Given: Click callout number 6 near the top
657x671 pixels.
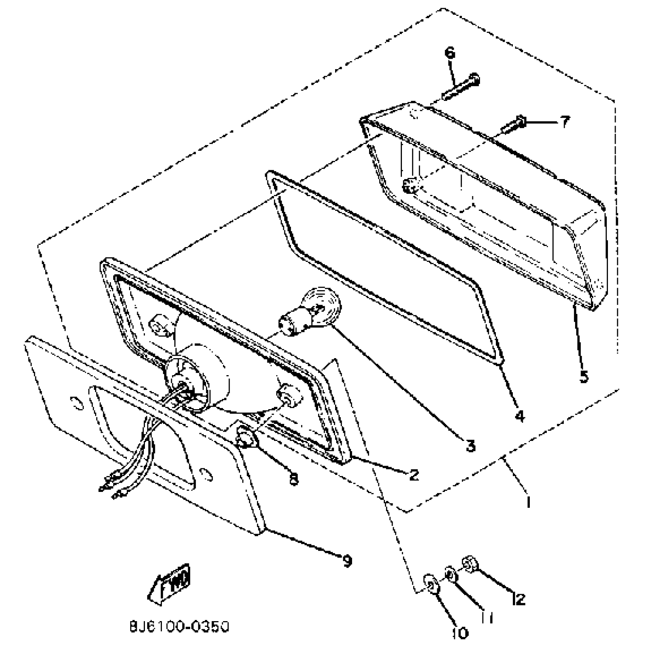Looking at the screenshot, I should [450, 53].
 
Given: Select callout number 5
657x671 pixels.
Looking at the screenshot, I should [584, 376].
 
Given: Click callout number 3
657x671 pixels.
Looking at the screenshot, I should [470, 446].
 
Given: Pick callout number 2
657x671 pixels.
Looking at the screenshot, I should [414, 475].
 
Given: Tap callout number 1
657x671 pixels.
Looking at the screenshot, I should [528, 502].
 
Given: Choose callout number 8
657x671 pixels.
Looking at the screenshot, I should [294, 480].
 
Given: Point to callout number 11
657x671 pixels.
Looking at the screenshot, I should [488, 618].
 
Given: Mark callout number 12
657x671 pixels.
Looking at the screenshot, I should [518, 599].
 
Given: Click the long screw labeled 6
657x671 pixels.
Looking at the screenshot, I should [462, 87].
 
